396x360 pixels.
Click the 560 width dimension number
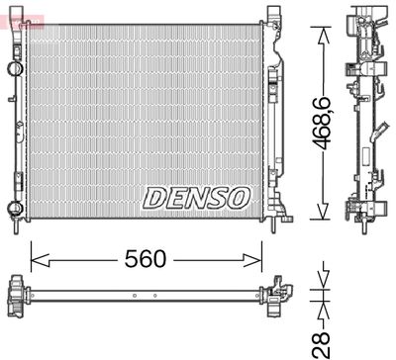click(146, 259)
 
